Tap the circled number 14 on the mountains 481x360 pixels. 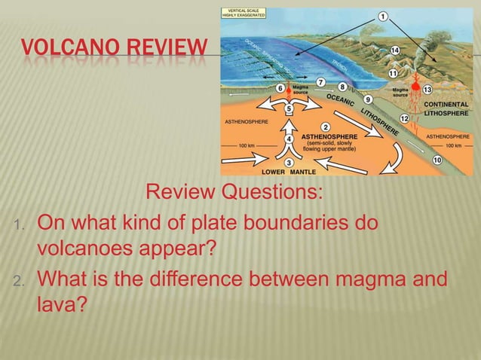point(394,50)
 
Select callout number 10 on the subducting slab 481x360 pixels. point(438,160)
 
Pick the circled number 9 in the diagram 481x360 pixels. point(367,99)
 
